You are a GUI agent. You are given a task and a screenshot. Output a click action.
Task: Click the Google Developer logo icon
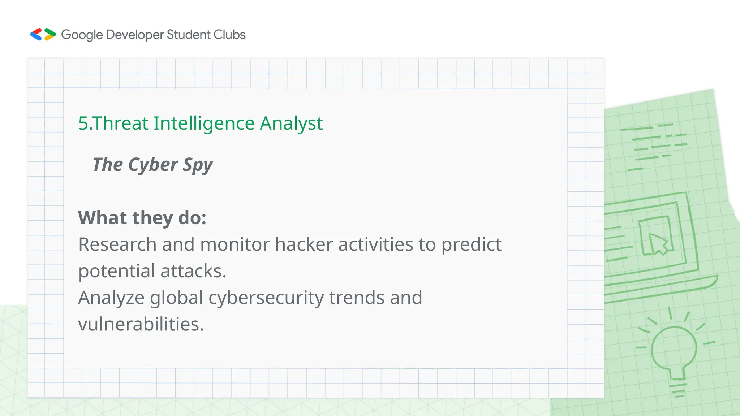[43, 35]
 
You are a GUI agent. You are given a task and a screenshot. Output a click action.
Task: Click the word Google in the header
[82, 35]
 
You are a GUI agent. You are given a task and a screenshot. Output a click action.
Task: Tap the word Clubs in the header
[229, 35]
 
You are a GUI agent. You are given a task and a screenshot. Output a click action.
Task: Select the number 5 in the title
[83, 123]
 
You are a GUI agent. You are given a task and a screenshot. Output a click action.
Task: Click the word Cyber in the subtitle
[153, 165]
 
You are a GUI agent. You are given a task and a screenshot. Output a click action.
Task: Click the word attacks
[193, 271]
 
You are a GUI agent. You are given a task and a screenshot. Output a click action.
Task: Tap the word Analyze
[112, 298]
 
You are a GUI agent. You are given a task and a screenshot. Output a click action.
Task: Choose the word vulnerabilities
[141, 324]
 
